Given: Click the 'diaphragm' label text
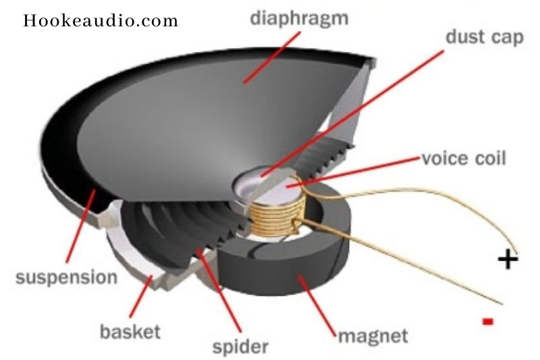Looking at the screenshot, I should point(299,18).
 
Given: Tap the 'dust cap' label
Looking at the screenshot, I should point(485,36).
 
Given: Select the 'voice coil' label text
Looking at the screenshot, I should point(463,160).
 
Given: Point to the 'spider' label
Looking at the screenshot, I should point(240,347).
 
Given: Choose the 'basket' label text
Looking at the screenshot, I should point(130,332).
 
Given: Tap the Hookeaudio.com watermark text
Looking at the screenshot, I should point(101,20).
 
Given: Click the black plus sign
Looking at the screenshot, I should point(508,259).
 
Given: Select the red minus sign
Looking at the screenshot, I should point(487,320).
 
